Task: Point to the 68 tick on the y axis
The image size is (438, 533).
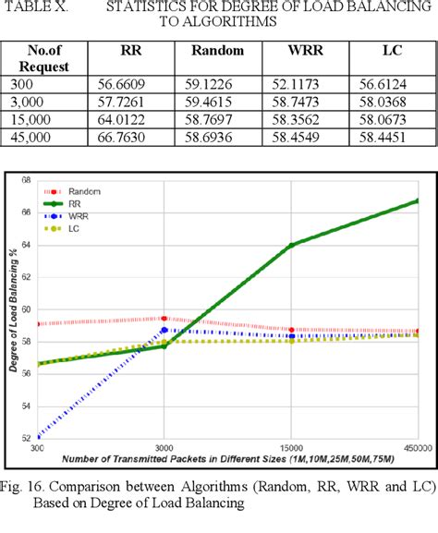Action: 25,180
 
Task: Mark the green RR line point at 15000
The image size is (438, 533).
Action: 291,245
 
